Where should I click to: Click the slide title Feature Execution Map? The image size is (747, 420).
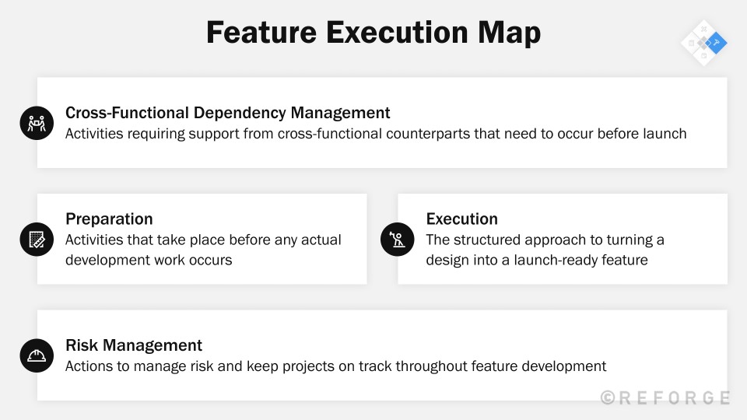373,33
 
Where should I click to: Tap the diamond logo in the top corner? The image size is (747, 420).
704,43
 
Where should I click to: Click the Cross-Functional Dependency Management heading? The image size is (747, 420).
227,113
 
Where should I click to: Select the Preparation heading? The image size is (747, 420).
109,219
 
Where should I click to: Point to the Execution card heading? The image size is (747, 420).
461,219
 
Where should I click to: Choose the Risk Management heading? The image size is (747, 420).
134,345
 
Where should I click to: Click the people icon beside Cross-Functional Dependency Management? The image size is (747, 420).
35,122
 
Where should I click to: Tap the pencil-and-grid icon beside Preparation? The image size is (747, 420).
35,239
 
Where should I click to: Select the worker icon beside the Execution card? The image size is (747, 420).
397,239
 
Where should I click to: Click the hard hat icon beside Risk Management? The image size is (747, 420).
35,355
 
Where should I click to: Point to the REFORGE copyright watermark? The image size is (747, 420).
665,397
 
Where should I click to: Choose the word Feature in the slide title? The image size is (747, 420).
260,33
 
